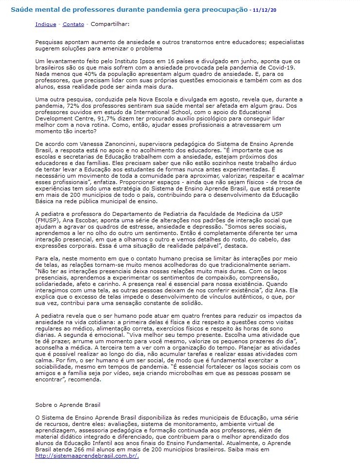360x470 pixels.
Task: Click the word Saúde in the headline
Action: (22, 10)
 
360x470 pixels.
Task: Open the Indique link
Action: (45, 24)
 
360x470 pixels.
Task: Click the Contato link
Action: (73, 24)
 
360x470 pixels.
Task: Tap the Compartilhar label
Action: (110, 24)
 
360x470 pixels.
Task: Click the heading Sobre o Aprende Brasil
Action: (68, 405)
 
